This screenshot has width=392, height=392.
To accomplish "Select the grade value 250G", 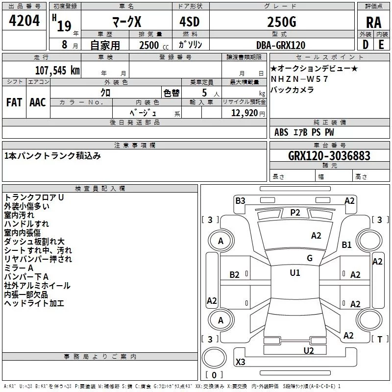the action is [x=281, y=22].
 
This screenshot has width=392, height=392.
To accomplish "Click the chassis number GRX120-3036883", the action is [x=329, y=156].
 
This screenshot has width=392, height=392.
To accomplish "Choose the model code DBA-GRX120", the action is [x=281, y=45].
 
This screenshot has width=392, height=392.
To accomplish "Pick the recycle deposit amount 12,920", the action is [x=247, y=113].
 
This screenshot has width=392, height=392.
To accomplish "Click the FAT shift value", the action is [x=14, y=102].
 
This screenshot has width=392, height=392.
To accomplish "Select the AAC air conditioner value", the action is [x=38, y=102].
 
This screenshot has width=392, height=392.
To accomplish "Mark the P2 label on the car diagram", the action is [x=295, y=212].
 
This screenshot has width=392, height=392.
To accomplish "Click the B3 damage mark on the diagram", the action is [x=240, y=200].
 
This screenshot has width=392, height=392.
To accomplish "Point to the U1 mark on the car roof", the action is [x=295, y=273].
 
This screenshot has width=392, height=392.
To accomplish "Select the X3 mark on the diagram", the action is [x=240, y=362].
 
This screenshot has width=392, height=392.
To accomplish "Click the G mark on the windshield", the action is [x=309, y=258].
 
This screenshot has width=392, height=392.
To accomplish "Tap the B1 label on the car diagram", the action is [x=347, y=245].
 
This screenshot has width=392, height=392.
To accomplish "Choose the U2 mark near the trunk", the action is [x=309, y=350].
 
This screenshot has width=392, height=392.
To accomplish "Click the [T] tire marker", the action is [x=380, y=339].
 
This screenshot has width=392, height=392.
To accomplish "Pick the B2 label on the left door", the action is [x=235, y=275].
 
